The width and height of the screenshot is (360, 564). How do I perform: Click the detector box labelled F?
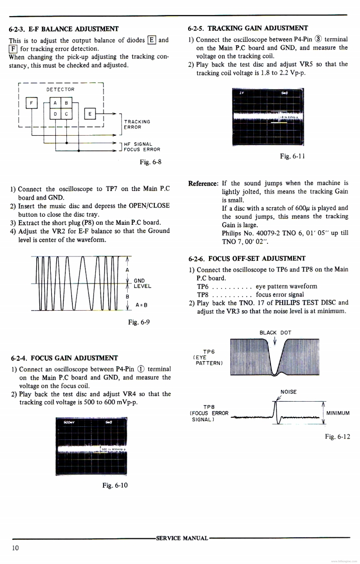[x=32, y=103]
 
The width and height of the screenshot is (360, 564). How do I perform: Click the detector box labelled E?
[x=89, y=113]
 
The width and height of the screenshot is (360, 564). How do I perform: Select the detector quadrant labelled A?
[x=55, y=103]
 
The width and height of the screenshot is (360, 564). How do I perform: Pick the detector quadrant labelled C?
[x=66, y=114]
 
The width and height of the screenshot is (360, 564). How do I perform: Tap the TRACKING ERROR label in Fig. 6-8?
[x=137, y=124]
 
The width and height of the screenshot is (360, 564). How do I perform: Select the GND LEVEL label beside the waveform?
[x=142, y=283]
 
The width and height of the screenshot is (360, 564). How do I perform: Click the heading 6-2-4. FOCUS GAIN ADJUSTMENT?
[x=65, y=358]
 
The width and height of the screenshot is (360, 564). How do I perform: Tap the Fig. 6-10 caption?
[x=115, y=485]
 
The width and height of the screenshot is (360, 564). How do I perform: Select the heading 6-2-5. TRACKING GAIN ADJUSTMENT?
[x=248, y=28]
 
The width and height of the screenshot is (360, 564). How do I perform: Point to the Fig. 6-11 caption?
[x=292, y=156]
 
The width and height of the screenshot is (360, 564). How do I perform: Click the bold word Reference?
[x=203, y=183]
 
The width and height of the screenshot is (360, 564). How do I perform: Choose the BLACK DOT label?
[x=275, y=332]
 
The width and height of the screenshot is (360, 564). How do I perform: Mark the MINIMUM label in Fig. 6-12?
[x=338, y=413]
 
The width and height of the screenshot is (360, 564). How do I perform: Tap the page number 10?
[x=15, y=548]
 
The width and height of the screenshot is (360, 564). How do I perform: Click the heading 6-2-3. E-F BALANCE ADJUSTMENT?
[x=64, y=28]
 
